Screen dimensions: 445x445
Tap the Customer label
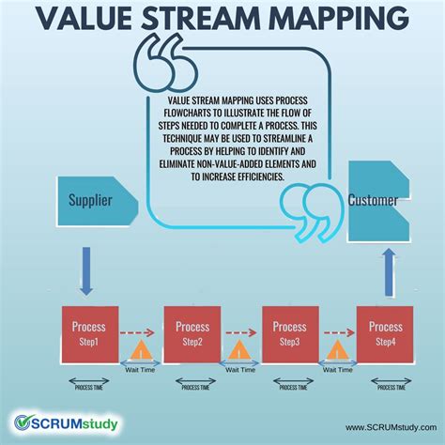click(x=373, y=200)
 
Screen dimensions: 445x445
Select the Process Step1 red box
click(x=90, y=334)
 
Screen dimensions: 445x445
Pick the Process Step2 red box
click(x=192, y=334)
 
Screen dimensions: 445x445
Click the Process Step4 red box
click(x=385, y=334)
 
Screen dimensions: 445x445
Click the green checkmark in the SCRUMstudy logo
click(x=25, y=423)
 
